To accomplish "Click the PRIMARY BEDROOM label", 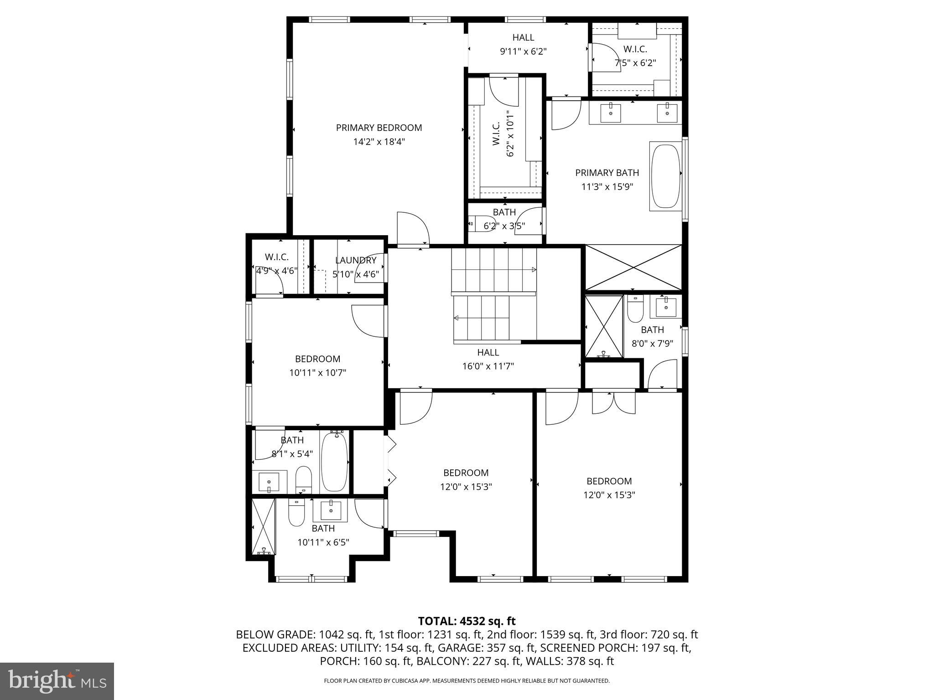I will tap(379, 128).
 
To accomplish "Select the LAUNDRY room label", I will tap(356, 260).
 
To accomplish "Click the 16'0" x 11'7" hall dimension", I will tap(488, 366).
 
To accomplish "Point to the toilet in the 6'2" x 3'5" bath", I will tap(482, 224).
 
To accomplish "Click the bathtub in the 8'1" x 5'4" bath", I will tap(335, 461).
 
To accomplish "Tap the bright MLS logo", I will tap(57, 681).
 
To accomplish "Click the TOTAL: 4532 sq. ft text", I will tap(467, 621).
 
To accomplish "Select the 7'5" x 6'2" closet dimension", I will tap(635, 63).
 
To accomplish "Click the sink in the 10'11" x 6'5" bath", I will tap(330, 510).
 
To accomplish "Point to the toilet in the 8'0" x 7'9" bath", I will tap(635, 309).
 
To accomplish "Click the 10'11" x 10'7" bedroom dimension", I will tap(317, 373).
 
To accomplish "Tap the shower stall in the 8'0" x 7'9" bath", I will tap(604, 326).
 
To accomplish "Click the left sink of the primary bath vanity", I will tap(610, 113).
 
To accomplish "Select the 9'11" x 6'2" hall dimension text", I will tap(523, 51).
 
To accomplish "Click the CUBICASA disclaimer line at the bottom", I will tap(467, 681).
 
